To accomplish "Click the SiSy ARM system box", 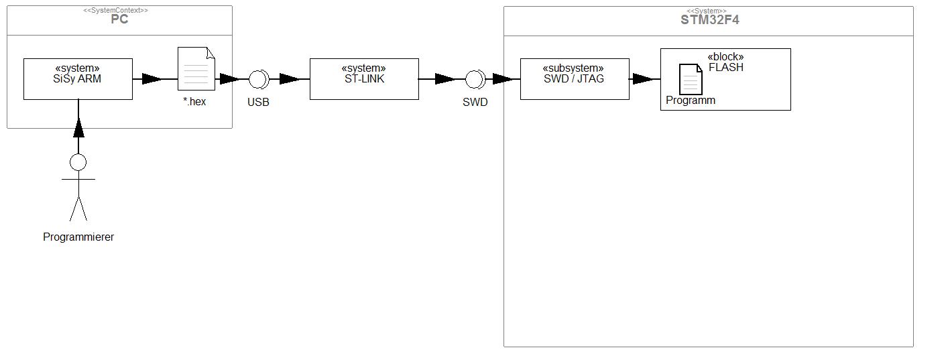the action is [78, 79].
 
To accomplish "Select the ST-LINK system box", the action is [364, 79].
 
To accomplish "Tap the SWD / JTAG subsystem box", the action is [575, 79].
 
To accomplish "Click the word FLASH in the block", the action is [726, 67].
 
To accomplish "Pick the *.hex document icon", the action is [196, 68].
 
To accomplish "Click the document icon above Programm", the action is [691, 79].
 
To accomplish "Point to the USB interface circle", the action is [258, 79].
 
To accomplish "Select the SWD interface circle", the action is [475, 79].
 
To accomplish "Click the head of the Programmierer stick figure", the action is [78, 162].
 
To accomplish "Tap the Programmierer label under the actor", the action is [78, 237].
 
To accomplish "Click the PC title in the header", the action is [119, 19].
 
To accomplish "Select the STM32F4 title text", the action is [710, 20].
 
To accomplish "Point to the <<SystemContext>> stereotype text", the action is [115, 10].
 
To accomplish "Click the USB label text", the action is [258, 102].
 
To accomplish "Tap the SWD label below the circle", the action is [475, 102].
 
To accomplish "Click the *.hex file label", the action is [194, 101].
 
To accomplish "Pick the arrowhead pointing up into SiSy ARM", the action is [78, 128].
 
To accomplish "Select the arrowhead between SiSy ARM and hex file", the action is [152, 79].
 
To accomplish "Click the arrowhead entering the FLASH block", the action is [643, 79].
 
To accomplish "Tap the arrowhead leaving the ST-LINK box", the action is [445, 79].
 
